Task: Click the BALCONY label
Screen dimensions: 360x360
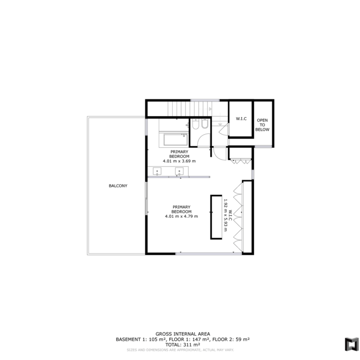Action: click(x=118, y=186)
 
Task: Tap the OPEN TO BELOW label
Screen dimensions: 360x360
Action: click(x=262, y=125)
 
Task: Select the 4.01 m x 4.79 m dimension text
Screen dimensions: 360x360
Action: click(x=181, y=216)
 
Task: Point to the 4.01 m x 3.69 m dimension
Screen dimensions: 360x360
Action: click(x=180, y=161)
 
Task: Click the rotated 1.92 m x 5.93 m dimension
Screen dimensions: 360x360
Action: click(x=225, y=215)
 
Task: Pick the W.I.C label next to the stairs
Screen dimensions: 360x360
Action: click(x=241, y=119)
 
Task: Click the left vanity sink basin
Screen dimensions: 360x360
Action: click(x=157, y=171)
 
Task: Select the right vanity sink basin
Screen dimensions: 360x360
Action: click(x=180, y=171)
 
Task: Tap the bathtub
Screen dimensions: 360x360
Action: click(x=176, y=139)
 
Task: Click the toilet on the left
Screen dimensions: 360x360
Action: click(x=196, y=125)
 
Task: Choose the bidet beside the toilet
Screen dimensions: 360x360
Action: click(x=204, y=125)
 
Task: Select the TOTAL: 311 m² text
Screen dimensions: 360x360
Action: click(x=183, y=345)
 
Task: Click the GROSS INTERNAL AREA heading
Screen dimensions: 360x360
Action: click(x=183, y=334)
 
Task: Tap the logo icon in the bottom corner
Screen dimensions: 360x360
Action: click(x=352, y=344)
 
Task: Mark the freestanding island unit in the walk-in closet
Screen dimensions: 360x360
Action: click(x=216, y=217)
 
